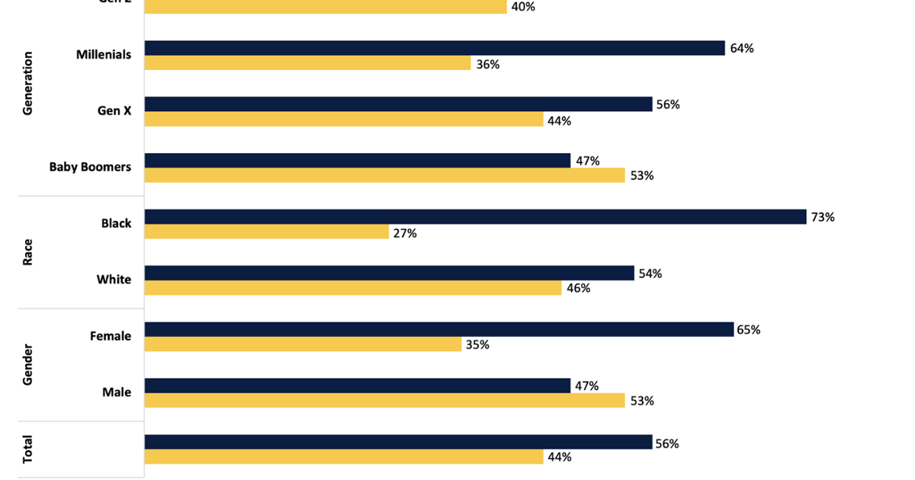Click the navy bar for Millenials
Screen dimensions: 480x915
click(x=435, y=48)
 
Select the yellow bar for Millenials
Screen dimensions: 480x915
click(x=307, y=63)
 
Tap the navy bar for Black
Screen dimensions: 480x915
click(x=475, y=216)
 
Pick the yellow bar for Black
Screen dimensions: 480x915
click(x=267, y=232)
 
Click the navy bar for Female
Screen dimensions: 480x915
click(x=438, y=329)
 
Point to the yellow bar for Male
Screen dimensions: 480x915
click(x=385, y=400)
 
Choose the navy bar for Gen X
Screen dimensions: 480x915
click(x=398, y=104)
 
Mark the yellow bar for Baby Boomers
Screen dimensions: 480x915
click(x=385, y=175)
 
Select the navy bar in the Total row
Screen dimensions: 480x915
click(x=398, y=442)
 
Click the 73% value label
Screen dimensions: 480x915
click(x=823, y=217)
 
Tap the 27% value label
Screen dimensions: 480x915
click(x=405, y=233)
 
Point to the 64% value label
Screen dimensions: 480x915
click(x=742, y=49)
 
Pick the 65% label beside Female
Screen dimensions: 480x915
click(x=748, y=330)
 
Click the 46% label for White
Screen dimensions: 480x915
click(x=578, y=289)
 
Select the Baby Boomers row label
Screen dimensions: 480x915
click(x=90, y=167)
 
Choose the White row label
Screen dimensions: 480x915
click(x=114, y=280)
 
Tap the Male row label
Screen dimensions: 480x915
click(x=117, y=392)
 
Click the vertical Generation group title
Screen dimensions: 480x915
click(x=28, y=83)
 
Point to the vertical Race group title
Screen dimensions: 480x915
click(x=28, y=251)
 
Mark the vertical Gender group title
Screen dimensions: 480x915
click(x=28, y=364)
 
